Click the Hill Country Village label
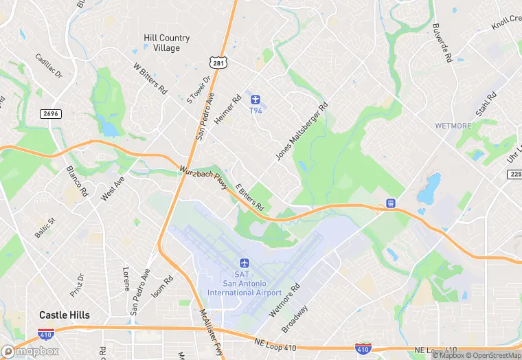(x=161, y=43)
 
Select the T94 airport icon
(x=256, y=100)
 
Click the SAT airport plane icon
(x=244, y=263)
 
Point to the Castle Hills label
(x=64, y=315)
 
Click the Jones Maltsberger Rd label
(x=302, y=132)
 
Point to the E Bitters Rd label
(x=250, y=196)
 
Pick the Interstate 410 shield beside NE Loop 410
(x=364, y=348)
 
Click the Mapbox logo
(x=30, y=351)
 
